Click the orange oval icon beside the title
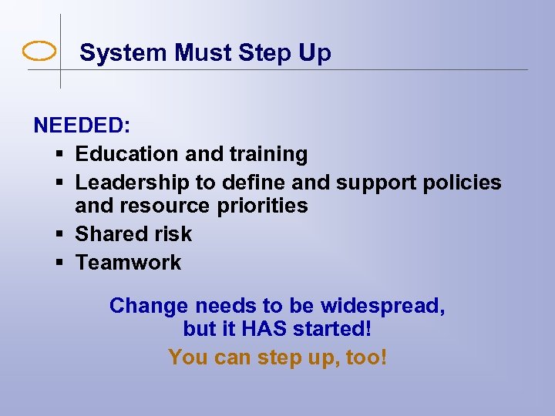point(40,52)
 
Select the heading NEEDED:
point(81,126)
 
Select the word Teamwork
point(128,263)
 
